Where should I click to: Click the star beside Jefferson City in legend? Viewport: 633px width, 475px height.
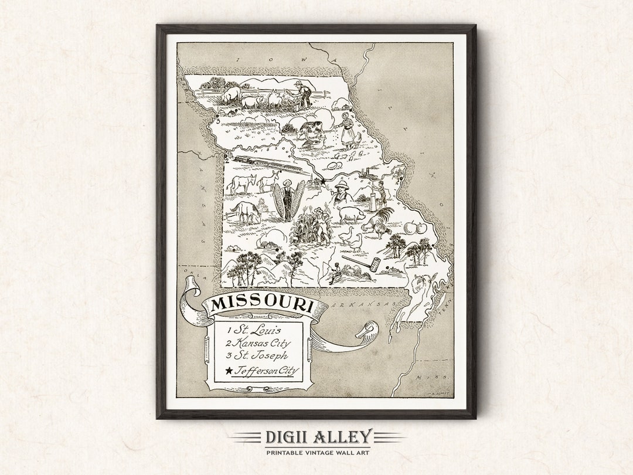pos(228,371)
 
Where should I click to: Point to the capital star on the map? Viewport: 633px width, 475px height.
pos(322,182)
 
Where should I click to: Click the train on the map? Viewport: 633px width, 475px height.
pos(270,164)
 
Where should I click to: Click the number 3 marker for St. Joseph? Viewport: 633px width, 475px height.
pos(218,122)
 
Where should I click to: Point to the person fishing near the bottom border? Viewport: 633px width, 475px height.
pos(335,273)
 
